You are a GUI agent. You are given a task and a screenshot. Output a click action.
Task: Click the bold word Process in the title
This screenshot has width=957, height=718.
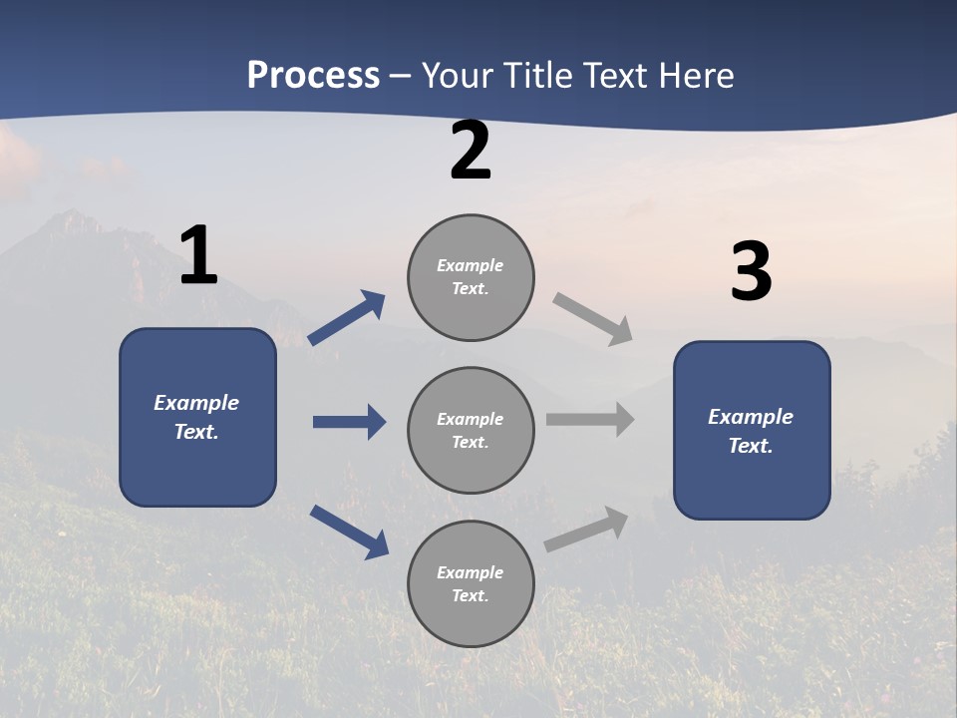click(313, 75)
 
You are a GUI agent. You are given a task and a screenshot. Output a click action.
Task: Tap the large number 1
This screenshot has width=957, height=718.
click(198, 255)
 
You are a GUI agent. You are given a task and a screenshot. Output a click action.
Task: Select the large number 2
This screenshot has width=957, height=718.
click(471, 151)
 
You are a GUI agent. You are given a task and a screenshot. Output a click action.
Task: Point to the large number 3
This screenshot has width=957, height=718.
click(752, 272)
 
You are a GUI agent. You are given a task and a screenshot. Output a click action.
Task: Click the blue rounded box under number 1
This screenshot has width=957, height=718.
click(197, 417)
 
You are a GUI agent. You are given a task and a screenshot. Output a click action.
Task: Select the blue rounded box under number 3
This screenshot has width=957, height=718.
click(752, 430)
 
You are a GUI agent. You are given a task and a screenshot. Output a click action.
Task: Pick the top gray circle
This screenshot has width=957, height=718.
click(471, 277)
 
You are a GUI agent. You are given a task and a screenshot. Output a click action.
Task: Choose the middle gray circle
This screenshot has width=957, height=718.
click(471, 430)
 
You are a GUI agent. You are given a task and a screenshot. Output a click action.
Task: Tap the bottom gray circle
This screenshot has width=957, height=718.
click(471, 583)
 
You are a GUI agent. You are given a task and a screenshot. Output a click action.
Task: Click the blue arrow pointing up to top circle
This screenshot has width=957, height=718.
click(347, 317)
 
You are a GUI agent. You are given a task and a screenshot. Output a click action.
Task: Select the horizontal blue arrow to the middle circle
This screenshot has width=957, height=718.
click(349, 422)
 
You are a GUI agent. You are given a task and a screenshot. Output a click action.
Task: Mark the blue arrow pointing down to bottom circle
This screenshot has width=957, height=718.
click(349, 531)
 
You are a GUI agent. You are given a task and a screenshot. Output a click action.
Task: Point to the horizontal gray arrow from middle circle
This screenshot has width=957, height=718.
click(590, 419)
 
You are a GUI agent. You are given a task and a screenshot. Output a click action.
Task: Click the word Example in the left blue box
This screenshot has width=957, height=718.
click(196, 403)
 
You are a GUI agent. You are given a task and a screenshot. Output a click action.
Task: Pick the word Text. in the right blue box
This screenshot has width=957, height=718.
click(751, 446)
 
